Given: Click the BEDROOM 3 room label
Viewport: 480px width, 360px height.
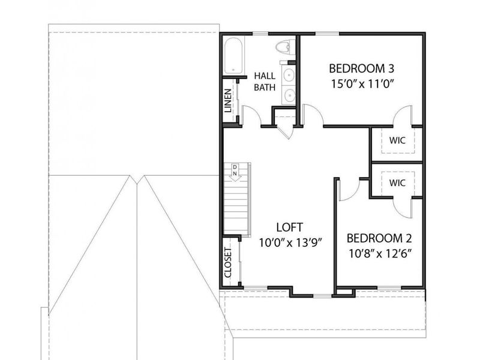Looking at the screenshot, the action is coord(362,68).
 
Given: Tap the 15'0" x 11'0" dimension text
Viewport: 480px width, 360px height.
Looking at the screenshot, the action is coord(362,83).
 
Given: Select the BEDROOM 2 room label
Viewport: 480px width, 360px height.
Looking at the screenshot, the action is coord(379,238).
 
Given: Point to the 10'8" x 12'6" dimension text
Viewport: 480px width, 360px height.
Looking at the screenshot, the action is coord(380,253).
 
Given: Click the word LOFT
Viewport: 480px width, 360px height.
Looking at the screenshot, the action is coord(290,227).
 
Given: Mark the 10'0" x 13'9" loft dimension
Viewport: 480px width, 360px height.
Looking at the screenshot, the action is coord(291,243).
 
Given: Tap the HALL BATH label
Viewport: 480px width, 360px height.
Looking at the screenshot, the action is coord(265,82).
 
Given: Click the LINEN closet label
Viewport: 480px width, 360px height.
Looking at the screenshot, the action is coord(228,101).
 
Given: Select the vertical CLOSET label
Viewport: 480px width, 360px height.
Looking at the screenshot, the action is coord(228,262).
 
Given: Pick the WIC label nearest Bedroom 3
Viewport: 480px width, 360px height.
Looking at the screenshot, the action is coord(397,140).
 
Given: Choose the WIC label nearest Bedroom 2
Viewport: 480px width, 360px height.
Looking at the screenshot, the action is coord(397,183).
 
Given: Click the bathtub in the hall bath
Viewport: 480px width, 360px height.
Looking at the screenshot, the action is coord(233,56).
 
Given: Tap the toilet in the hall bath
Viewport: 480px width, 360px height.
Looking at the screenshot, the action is coord(284,47).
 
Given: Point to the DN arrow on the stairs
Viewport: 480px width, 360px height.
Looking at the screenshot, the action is coord(235,173).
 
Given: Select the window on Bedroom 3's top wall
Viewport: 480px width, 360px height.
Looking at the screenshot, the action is coord(327,34).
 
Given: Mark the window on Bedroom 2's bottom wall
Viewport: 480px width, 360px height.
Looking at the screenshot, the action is coord(389,287).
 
